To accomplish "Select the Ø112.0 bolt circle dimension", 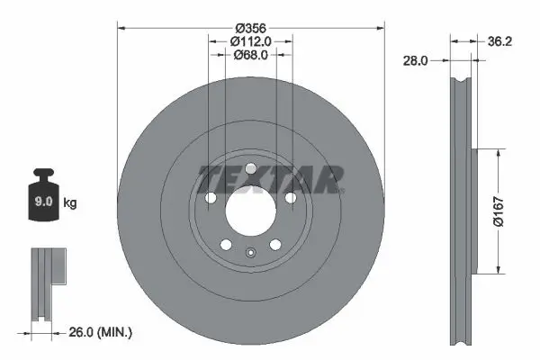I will point(251,40).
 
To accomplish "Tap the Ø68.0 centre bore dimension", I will point(251,55).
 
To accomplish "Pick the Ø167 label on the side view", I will point(509,211).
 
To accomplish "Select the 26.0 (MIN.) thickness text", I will point(101,333).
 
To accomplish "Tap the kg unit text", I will point(70,203).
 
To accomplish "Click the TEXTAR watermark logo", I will point(270,179).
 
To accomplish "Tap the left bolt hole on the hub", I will point(211,199).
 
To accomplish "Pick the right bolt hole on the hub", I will point(292,199).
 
